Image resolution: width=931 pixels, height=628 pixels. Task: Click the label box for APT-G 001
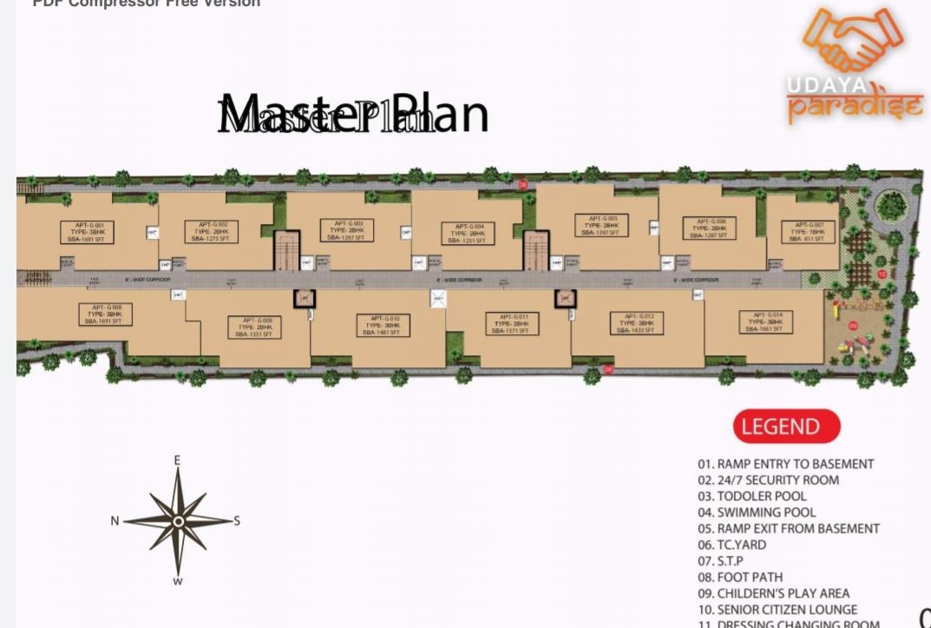click(87, 232)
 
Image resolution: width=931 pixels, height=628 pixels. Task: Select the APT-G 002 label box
click(212, 232)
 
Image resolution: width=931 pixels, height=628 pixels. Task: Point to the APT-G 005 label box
click(601, 226)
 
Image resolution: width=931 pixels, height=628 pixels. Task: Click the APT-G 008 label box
click(107, 314)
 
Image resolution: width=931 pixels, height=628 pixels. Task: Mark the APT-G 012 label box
click(638, 323)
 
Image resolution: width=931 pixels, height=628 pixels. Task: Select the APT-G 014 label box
click(766, 322)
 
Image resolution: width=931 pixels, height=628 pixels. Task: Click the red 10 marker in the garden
click(882, 274)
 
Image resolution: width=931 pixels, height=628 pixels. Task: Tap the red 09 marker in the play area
click(853, 326)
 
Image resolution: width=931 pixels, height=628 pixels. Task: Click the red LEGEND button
click(786, 426)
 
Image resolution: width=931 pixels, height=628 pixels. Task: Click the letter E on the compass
click(177, 460)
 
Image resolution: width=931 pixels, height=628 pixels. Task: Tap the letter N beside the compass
click(115, 521)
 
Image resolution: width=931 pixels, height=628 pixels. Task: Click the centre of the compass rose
click(178, 521)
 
